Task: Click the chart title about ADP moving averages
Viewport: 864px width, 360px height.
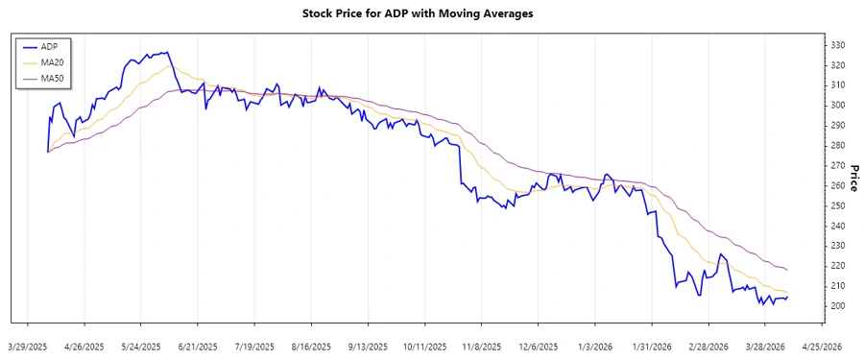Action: (431, 13)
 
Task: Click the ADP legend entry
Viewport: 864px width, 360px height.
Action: (49, 46)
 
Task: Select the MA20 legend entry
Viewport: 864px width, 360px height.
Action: (52, 62)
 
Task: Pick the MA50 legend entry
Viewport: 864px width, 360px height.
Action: (52, 78)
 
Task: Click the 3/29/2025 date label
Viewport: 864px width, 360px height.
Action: (28, 347)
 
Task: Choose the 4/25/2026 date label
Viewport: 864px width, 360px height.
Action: (821, 347)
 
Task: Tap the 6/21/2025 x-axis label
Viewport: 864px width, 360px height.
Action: (198, 347)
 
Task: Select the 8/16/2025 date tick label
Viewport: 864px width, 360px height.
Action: (311, 347)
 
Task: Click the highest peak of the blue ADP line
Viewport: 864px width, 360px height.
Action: (168, 52)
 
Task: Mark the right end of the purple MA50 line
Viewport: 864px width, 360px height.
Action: (787, 270)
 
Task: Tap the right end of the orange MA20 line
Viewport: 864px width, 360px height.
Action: (787, 292)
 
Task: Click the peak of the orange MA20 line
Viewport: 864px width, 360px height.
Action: (173, 65)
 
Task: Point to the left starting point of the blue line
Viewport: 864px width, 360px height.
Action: (47, 152)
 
